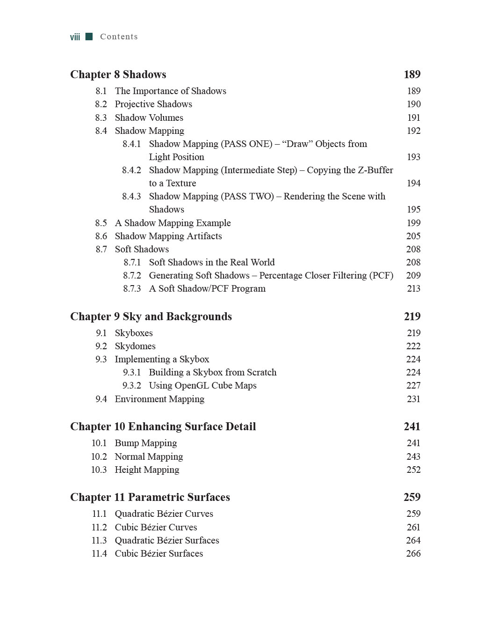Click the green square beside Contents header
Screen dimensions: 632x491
(x=89, y=37)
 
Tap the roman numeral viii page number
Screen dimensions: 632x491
(x=75, y=37)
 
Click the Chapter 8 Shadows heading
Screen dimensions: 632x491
(x=118, y=74)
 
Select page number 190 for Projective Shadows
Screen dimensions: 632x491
(x=413, y=104)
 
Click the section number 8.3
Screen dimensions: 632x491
(x=101, y=118)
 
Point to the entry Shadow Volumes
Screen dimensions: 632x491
(x=149, y=118)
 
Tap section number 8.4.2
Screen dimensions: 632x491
(x=131, y=170)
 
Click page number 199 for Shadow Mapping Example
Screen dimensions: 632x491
(x=413, y=223)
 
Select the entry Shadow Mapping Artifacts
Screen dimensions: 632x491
(x=168, y=236)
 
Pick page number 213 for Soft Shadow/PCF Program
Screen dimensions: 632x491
(x=413, y=288)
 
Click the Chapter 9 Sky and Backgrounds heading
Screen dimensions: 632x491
(x=151, y=316)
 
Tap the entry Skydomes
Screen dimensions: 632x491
(x=135, y=346)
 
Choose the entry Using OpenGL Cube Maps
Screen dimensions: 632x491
(x=202, y=385)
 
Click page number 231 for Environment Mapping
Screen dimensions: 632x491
(x=413, y=399)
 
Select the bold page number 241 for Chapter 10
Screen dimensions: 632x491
(x=412, y=426)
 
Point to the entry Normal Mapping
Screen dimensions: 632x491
(x=149, y=456)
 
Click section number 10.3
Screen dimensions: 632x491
(x=99, y=470)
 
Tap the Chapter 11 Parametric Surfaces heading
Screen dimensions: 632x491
(x=150, y=497)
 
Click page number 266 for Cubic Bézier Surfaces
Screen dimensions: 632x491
(x=413, y=553)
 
